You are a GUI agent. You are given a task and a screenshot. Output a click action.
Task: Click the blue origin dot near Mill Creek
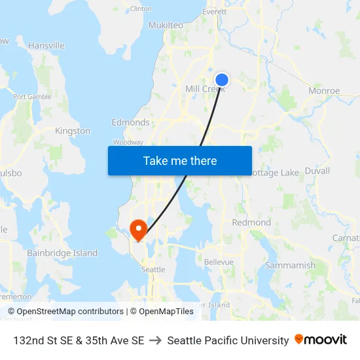222,80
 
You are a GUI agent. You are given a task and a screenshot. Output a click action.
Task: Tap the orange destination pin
138,229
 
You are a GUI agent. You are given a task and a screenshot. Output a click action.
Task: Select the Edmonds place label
130,122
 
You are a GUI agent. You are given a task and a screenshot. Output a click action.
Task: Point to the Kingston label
73,131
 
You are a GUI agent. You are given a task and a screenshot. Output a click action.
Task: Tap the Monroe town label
324,91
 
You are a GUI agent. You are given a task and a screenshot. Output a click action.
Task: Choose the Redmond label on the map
251,223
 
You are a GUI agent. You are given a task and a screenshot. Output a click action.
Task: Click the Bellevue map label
219,262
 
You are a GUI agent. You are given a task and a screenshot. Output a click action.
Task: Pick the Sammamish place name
290,265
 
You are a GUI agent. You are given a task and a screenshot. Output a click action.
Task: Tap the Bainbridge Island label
62,253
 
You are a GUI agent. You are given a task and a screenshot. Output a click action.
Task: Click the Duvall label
317,170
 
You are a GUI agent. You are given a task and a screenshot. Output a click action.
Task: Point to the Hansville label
46,46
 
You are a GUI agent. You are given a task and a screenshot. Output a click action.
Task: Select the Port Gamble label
32,97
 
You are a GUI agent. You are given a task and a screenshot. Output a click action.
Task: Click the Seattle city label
153,269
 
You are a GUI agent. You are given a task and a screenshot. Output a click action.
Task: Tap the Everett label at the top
214,12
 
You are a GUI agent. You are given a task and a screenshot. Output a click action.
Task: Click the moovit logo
321,340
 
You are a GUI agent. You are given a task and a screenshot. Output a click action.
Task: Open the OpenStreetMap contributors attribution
66,312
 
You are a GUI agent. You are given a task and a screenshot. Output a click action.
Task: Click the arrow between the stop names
155,340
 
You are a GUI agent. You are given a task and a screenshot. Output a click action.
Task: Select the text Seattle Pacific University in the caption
228,340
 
